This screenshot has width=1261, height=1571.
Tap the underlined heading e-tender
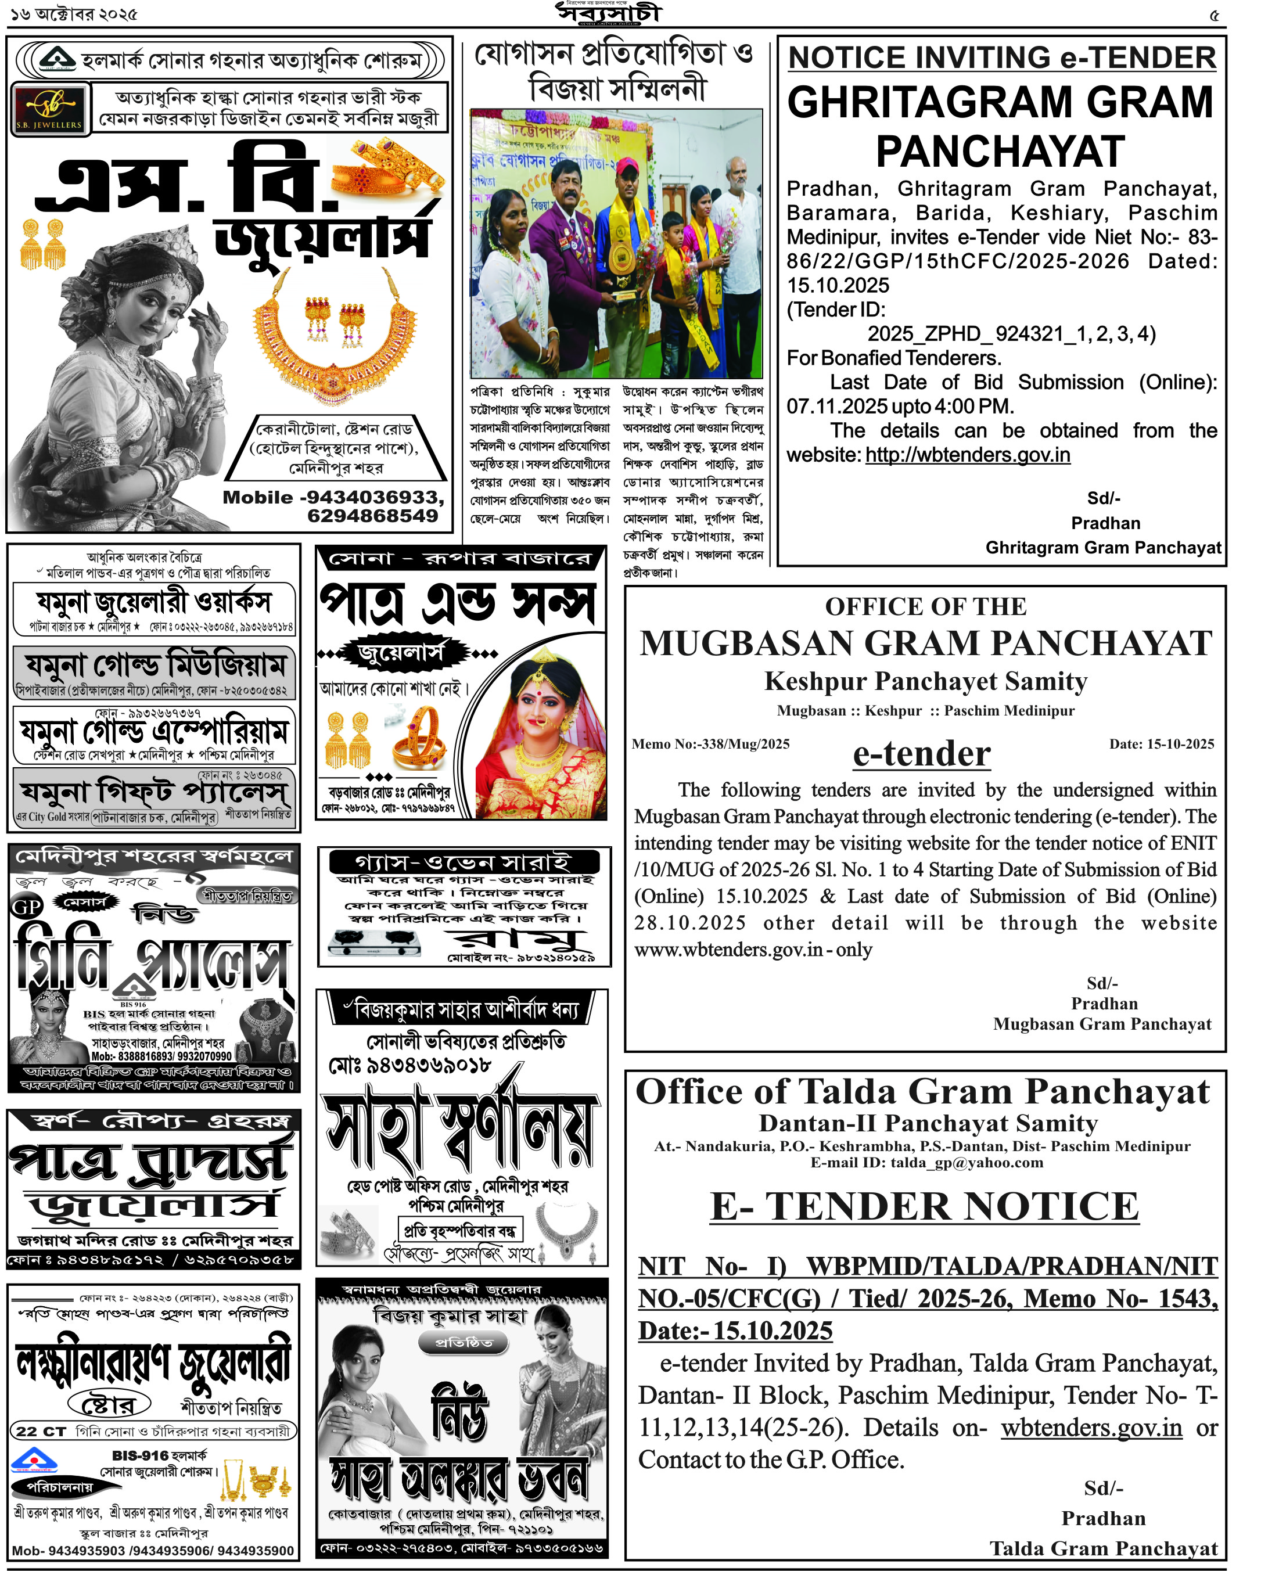point(921,753)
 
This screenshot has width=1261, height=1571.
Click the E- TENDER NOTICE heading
point(924,1206)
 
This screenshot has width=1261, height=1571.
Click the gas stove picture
point(375,942)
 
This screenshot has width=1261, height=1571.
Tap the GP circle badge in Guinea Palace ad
point(27,906)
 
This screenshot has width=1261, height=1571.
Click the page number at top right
point(1213,15)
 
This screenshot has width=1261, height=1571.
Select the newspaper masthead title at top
point(609,13)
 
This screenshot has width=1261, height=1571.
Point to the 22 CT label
point(41,1431)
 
